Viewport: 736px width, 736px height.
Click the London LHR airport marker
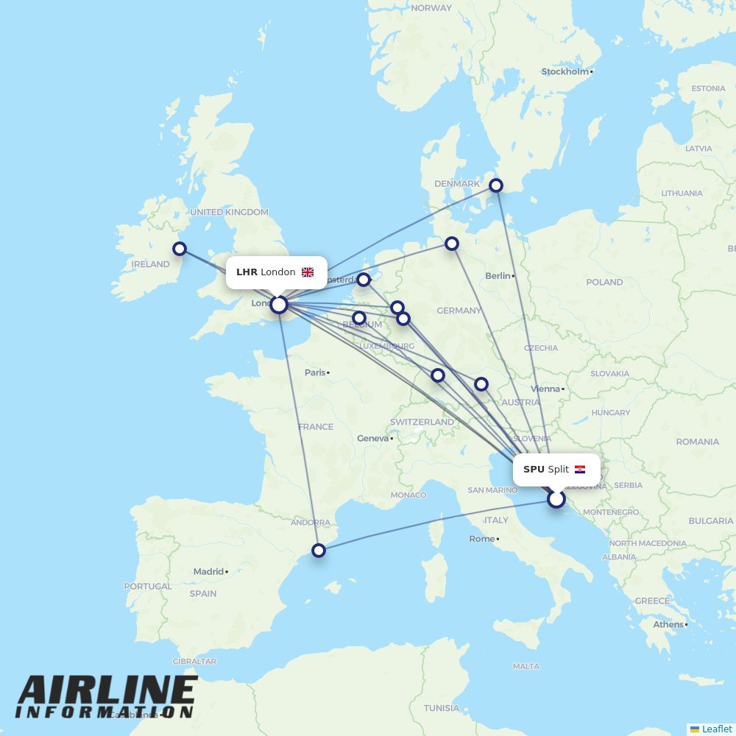tap(279, 304)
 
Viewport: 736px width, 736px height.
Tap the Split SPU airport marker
tap(556, 499)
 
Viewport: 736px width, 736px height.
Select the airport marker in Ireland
tap(180, 249)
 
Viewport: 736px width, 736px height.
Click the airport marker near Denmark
tap(497, 185)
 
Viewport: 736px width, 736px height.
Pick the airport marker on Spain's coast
tap(319, 550)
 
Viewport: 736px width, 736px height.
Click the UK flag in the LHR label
tap(308, 272)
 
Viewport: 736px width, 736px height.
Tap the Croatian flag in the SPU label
tap(580, 470)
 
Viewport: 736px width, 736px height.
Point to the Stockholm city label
tap(565, 71)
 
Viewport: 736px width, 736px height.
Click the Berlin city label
tap(498, 275)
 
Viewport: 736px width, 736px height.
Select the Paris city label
tap(315, 372)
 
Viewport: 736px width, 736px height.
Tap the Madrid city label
tap(208, 571)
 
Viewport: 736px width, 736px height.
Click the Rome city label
tap(482, 539)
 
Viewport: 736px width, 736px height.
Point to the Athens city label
tap(668, 624)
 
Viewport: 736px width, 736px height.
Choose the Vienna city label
tap(545, 389)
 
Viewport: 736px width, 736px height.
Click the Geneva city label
tap(372, 438)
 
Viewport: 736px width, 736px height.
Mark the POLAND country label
tap(604, 282)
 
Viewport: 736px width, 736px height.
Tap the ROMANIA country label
tap(698, 442)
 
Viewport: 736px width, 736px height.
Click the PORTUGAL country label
tap(147, 587)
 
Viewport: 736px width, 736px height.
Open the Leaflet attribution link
tap(716, 729)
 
